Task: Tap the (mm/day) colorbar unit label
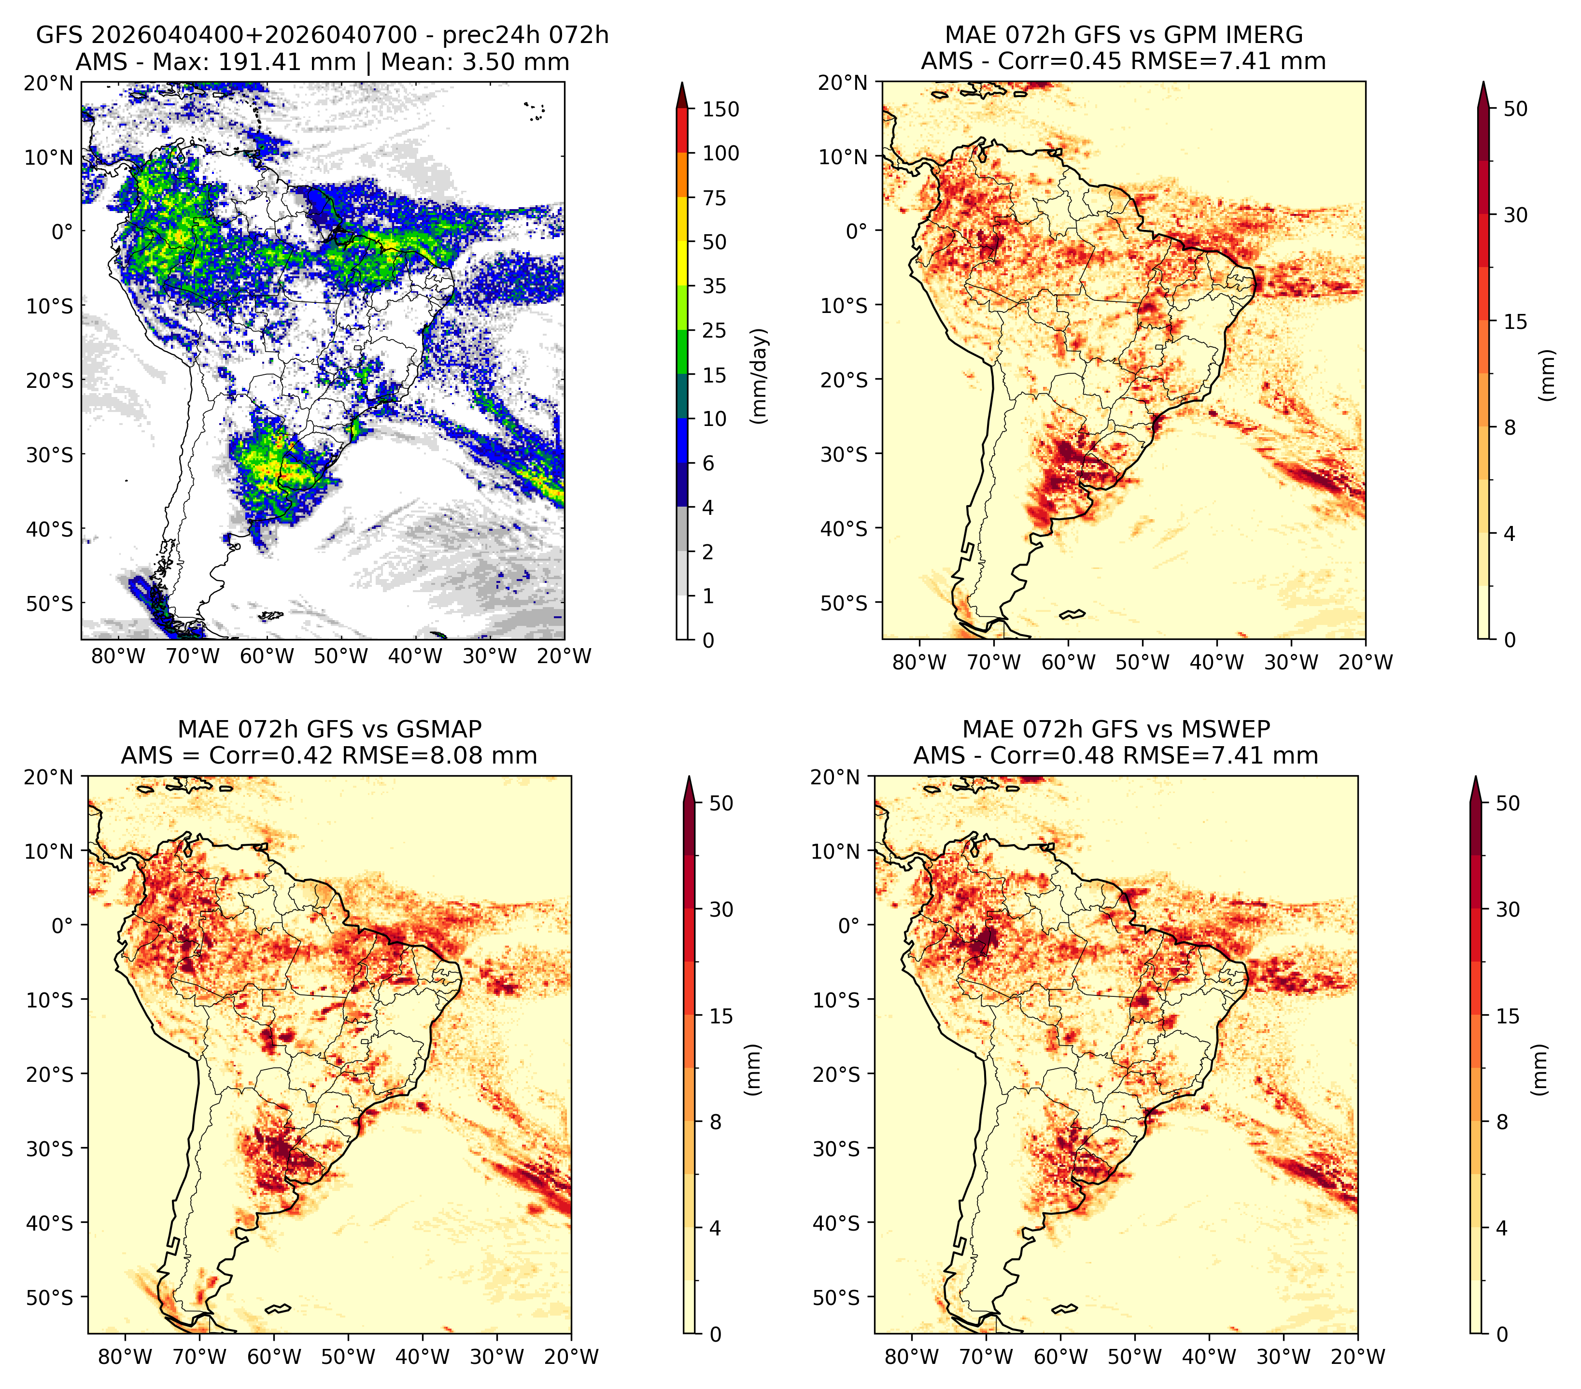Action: point(761,376)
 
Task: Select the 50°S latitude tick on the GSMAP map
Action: point(50,1297)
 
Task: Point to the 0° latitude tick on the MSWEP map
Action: point(849,926)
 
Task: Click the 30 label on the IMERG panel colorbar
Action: point(1516,215)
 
